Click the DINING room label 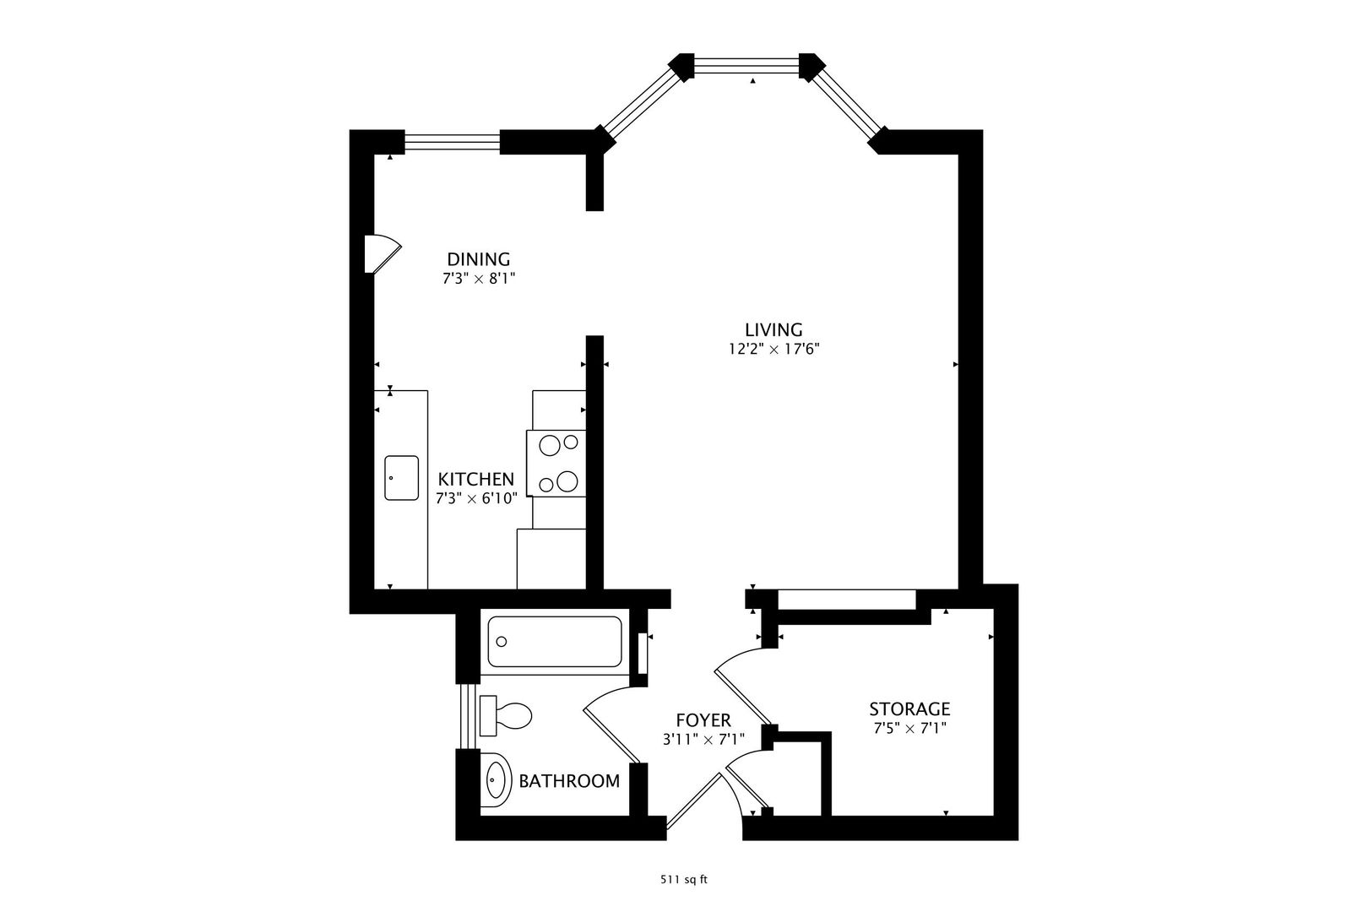pyautogui.click(x=479, y=259)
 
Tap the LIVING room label pyautogui.click(x=774, y=330)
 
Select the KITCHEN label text pyautogui.click(x=476, y=479)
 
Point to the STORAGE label pyautogui.click(x=910, y=709)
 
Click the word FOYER pyautogui.click(x=703, y=720)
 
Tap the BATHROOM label pyautogui.click(x=569, y=781)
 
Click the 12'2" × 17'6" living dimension pyautogui.click(x=774, y=350)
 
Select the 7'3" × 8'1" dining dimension pyautogui.click(x=480, y=280)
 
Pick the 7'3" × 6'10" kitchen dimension pyautogui.click(x=476, y=499)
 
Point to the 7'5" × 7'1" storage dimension pyautogui.click(x=910, y=729)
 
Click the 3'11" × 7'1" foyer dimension pyautogui.click(x=703, y=740)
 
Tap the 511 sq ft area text pyautogui.click(x=684, y=880)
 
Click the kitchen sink pyautogui.click(x=401, y=478)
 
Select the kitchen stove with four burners pyautogui.click(x=556, y=463)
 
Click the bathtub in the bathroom pyautogui.click(x=555, y=642)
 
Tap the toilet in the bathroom pyautogui.click(x=506, y=715)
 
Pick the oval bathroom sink pyautogui.click(x=496, y=780)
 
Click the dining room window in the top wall pyautogui.click(x=453, y=142)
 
